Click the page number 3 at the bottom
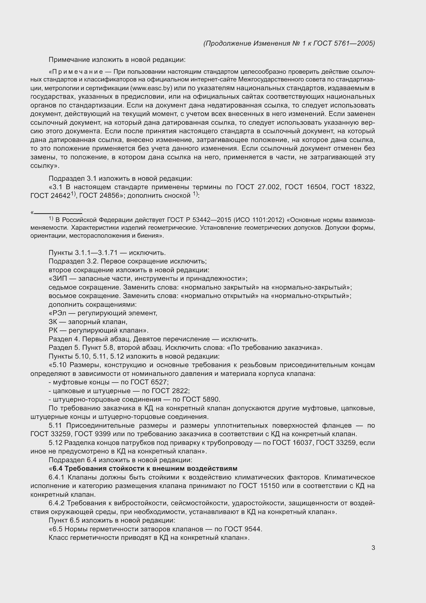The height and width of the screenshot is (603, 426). [x=373, y=548]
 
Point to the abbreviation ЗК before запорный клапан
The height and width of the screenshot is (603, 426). [x=53, y=322]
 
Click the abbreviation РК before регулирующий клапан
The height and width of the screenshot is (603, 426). [x=53, y=331]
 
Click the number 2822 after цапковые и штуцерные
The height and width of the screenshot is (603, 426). [x=181, y=391]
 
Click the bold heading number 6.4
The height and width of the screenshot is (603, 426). [x=58, y=468]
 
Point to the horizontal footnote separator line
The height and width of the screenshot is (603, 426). [x=58, y=213]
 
